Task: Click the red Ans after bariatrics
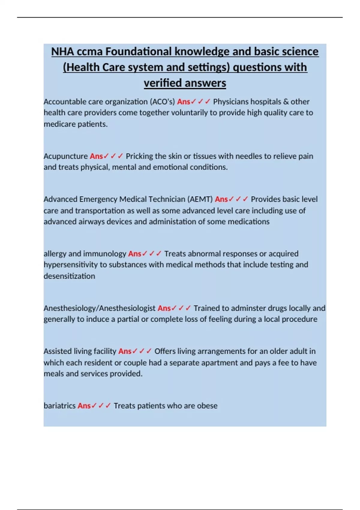point(84,406)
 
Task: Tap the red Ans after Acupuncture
point(96,156)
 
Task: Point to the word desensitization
point(69,276)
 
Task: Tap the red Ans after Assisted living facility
point(125,351)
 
